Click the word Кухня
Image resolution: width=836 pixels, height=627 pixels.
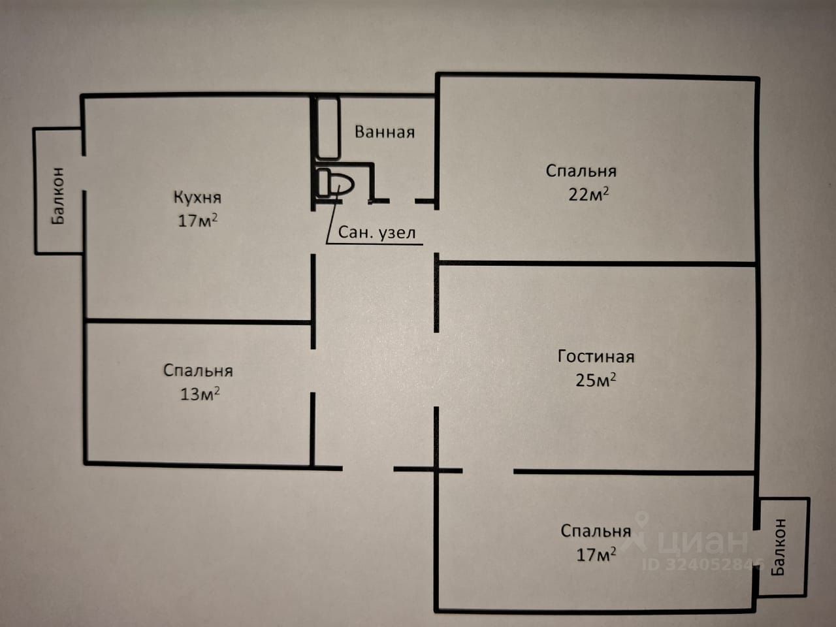197,197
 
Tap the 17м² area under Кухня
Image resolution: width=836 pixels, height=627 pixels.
197,220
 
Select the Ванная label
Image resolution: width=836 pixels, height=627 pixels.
385,132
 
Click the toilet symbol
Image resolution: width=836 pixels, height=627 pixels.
336,183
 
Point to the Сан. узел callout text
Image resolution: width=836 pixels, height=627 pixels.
377,233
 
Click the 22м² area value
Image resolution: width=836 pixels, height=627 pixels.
589,194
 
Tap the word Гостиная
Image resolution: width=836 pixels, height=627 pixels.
596,357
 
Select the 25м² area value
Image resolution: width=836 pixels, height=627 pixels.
596,379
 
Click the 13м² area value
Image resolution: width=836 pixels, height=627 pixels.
199,394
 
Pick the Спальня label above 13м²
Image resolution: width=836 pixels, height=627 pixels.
198,371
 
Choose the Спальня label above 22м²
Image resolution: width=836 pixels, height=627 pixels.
581,171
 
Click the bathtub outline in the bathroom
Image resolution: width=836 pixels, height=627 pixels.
329,127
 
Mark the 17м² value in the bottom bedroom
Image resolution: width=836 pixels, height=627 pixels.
596,555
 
